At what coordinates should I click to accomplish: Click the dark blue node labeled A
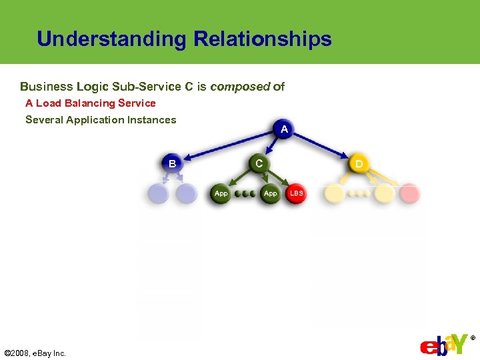pyautogui.click(x=284, y=129)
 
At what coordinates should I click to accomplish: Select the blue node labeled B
pyautogui.click(x=172, y=163)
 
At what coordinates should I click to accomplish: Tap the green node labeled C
pyautogui.click(x=259, y=163)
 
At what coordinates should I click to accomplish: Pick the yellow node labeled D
pyautogui.click(x=359, y=163)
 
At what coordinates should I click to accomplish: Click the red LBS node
pyautogui.click(x=296, y=193)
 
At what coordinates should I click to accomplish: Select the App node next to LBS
pyautogui.click(x=270, y=193)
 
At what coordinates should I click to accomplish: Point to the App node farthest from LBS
pyautogui.click(x=221, y=193)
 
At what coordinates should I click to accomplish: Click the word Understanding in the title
pyautogui.click(x=111, y=39)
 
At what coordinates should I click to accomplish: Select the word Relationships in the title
pyautogui.click(x=263, y=39)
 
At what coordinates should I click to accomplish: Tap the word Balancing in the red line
pyautogui.click(x=88, y=103)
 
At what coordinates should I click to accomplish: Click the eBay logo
pyautogui.click(x=443, y=345)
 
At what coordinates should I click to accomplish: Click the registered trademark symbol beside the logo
pyautogui.click(x=473, y=339)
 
